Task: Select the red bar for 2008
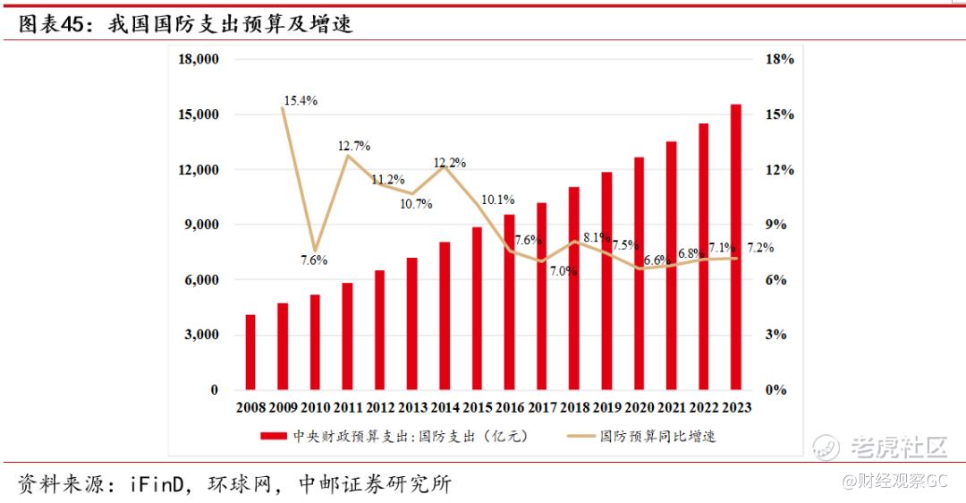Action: click(x=250, y=353)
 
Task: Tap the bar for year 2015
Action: click(x=477, y=309)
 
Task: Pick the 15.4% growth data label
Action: click(x=301, y=101)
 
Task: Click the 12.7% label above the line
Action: click(x=353, y=146)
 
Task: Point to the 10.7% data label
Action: click(x=416, y=204)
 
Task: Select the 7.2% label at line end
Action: click(x=761, y=248)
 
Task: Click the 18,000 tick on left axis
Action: click(x=199, y=60)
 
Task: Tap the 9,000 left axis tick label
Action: click(x=202, y=225)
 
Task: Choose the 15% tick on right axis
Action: click(x=780, y=115)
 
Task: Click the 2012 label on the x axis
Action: click(x=380, y=408)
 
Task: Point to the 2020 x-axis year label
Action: click(x=638, y=408)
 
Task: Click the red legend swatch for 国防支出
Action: click(x=274, y=437)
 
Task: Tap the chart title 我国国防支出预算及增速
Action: click(x=231, y=25)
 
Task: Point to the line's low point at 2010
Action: click(x=315, y=251)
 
